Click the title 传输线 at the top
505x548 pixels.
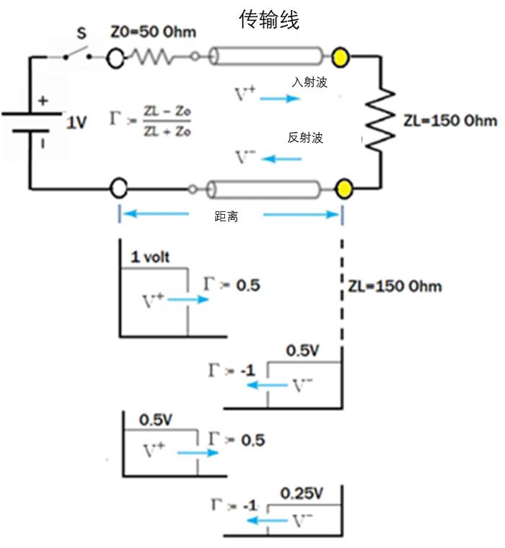tap(269, 19)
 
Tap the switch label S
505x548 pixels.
tap(82, 33)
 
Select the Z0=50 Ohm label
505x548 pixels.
tap(153, 32)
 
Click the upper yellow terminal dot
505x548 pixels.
tap(340, 57)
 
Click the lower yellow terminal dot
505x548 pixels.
tap(343, 188)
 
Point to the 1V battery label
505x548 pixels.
tap(76, 123)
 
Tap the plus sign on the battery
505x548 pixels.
tap(43, 101)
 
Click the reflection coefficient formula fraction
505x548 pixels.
tap(167, 121)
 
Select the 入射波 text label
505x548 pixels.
tap(309, 82)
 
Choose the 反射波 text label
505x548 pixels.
tap(305, 138)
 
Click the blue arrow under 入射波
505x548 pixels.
tap(280, 99)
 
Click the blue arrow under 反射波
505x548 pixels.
tap(281, 159)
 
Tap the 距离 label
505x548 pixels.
tap(227, 217)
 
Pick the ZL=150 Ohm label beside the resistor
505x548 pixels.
tap(450, 120)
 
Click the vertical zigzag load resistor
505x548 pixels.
tap(380, 120)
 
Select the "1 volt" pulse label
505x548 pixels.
tap(150, 257)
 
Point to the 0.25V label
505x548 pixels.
tap(302, 493)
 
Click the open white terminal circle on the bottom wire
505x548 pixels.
tap(119, 188)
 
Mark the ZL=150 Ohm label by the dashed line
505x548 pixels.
tap(395, 286)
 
